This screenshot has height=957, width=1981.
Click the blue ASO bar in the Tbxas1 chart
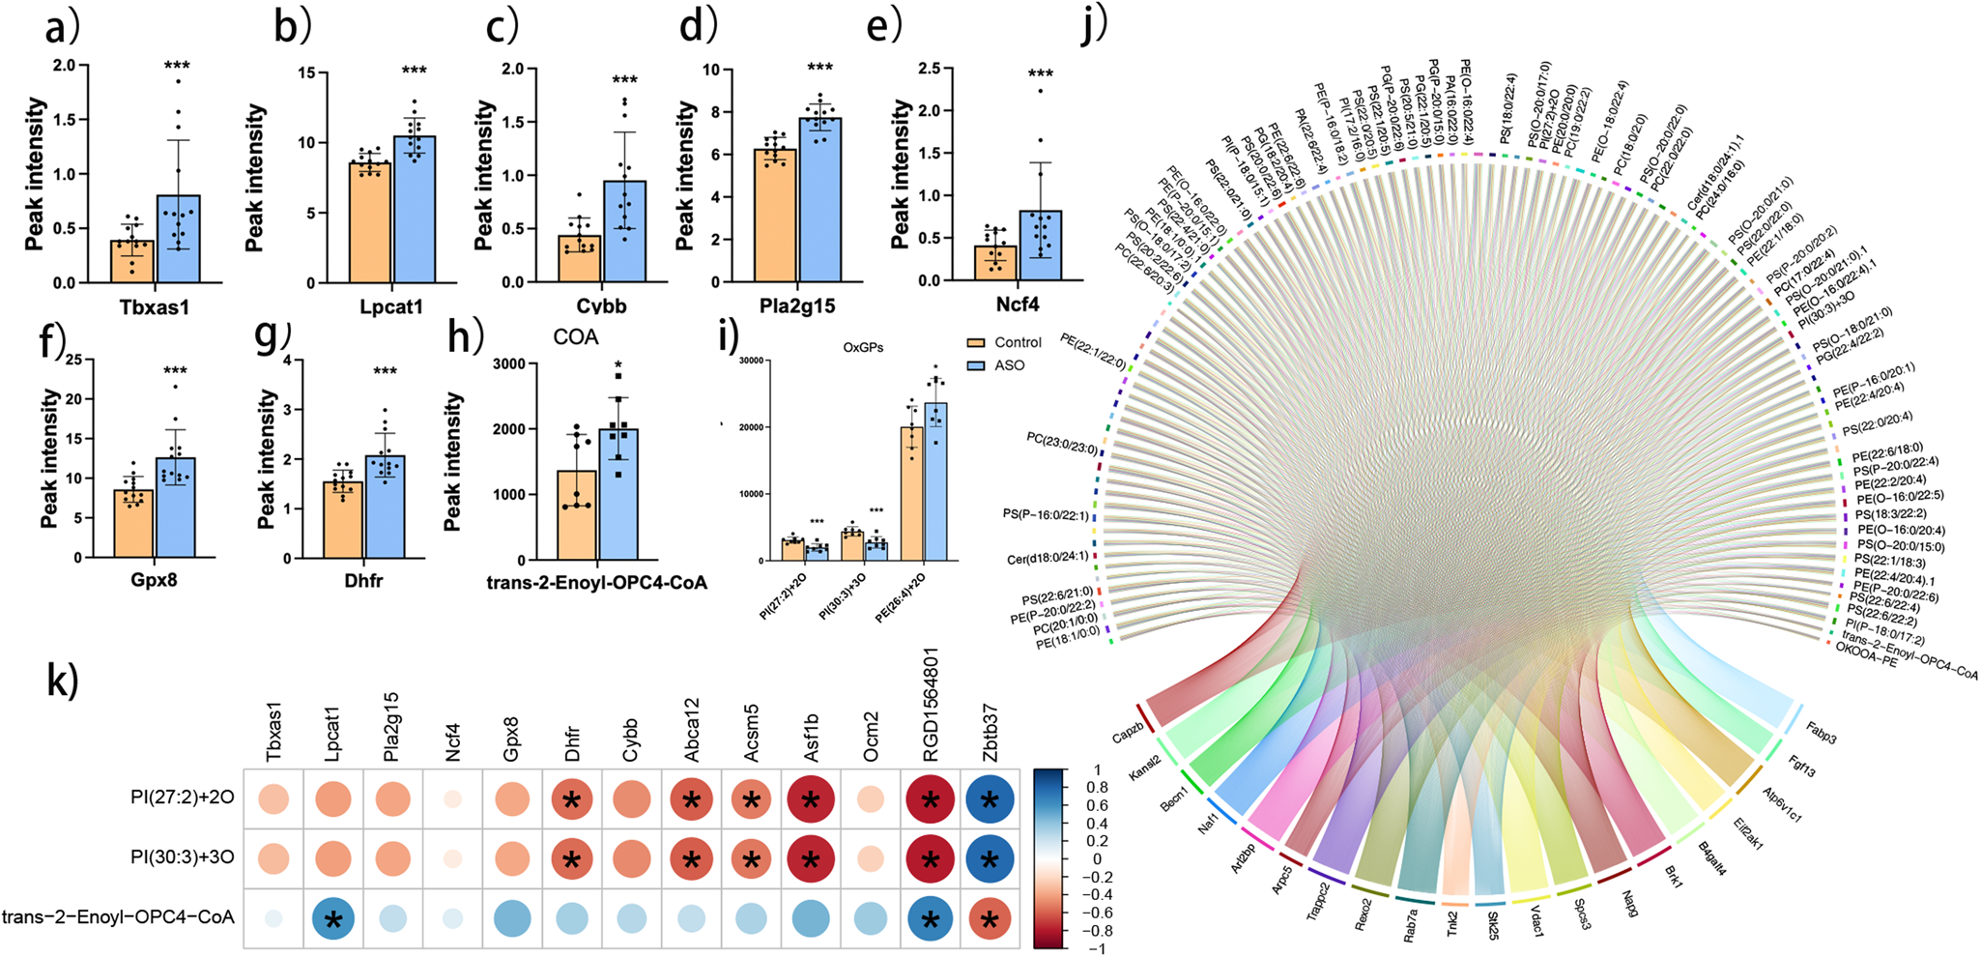(x=179, y=240)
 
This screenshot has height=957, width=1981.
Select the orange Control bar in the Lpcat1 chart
(x=369, y=223)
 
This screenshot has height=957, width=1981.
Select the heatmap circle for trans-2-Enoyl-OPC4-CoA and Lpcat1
(x=333, y=918)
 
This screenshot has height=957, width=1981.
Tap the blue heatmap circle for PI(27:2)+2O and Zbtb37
(x=988, y=798)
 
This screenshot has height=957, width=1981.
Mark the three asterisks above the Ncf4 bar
(x=1040, y=74)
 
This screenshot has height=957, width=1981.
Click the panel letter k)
(x=64, y=681)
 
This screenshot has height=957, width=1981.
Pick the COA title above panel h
(x=576, y=336)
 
